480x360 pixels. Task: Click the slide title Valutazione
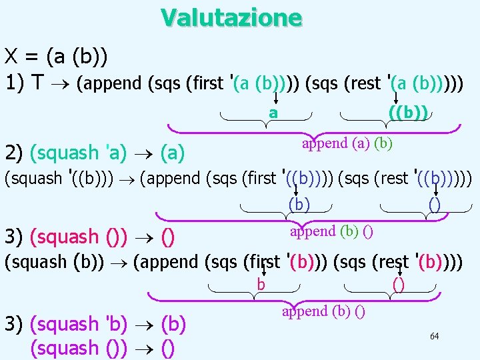pos(231,17)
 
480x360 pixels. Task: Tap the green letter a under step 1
pos(273,113)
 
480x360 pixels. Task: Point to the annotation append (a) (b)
pos(347,143)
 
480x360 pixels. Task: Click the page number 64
pos(434,336)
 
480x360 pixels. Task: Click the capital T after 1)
pos(38,83)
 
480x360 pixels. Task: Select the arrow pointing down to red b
pos(263,270)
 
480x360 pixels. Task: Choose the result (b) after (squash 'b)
pos(173,324)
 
